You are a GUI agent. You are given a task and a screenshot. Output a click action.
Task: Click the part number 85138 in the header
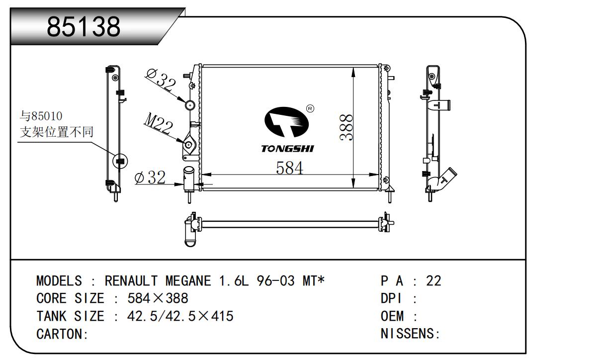tap(84, 26)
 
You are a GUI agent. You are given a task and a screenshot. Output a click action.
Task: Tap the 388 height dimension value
tap(346, 127)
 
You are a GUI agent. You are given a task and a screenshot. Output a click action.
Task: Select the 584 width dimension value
tap(289, 168)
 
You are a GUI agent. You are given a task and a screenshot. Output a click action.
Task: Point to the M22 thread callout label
tap(159, 123)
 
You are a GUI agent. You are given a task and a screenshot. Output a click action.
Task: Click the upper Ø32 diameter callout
tap(161, 80)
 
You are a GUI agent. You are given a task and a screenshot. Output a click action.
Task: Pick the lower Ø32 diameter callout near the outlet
tap(150, 178)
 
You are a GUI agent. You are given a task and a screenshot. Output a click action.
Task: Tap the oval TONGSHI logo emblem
tap(286, 122)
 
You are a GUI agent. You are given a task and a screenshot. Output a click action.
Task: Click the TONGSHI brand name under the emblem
tap(287, 149)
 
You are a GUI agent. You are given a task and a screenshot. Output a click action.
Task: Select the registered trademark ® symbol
tap(310, 108)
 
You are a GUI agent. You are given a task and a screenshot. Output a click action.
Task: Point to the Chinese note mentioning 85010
tap(57, 124)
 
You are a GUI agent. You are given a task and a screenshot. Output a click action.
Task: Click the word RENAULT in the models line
tap(131, 281)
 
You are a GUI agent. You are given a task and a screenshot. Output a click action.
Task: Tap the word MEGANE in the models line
tap(188, 281)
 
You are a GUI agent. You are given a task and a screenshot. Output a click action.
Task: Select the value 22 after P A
tap(433, 281)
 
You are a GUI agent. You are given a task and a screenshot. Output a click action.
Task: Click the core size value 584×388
tap(158, 298)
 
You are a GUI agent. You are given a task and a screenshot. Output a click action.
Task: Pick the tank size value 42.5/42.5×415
tap(180, 316)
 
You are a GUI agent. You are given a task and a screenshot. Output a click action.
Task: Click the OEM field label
tap(392, 316)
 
